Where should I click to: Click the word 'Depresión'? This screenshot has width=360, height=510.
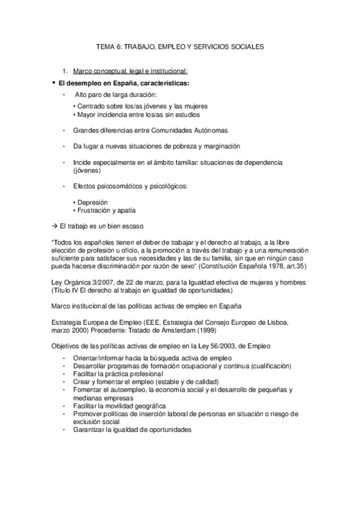tap(92, 202)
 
